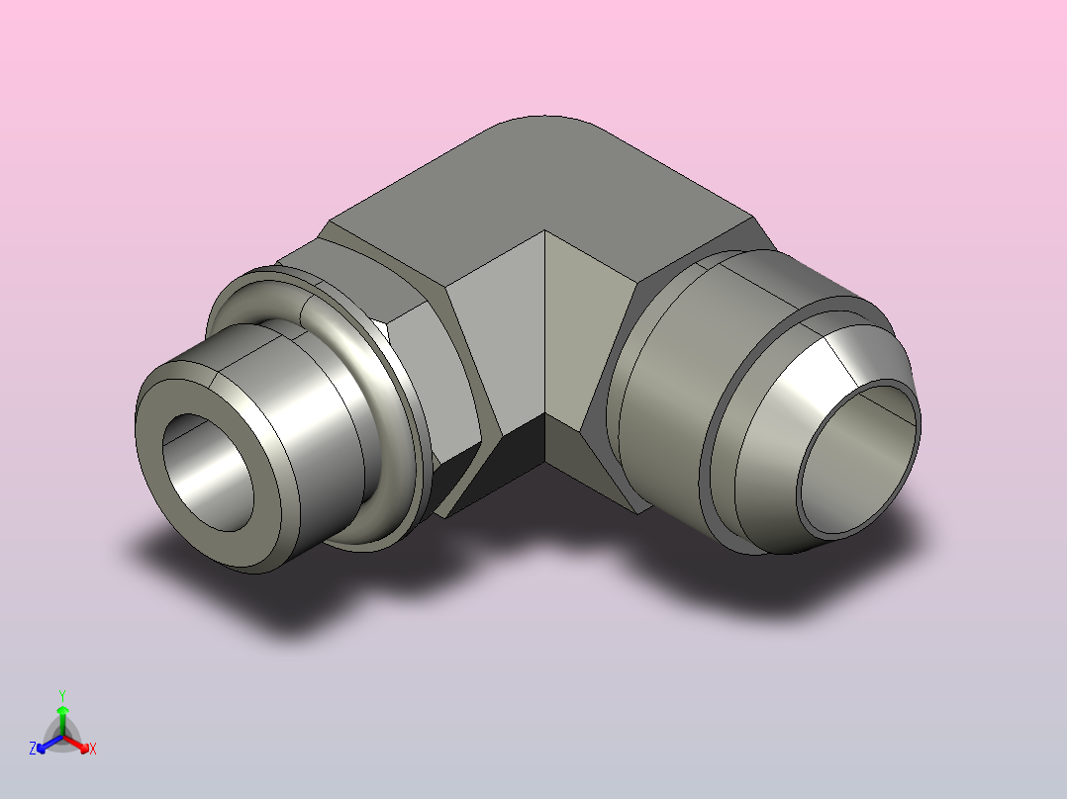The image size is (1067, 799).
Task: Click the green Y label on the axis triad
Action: tap(62, 695)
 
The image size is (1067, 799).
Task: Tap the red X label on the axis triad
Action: tap(93, 749)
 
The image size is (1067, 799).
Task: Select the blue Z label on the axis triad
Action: tap(32, 748)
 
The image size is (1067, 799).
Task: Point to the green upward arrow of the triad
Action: tap(62, 720)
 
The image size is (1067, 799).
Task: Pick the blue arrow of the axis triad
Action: tap(49, 744)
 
